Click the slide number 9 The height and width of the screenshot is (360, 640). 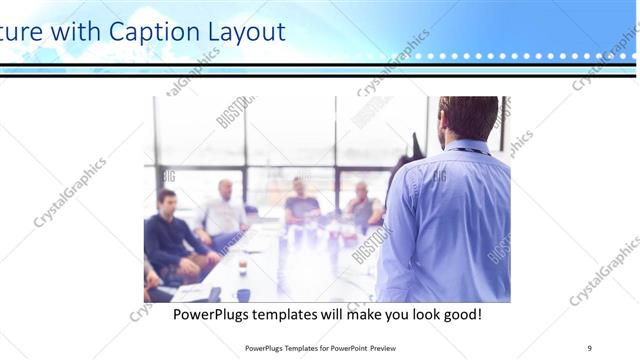pyautogui.click(x=590, y=348)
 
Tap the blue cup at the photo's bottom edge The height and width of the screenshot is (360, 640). pyautogui.click(x=243, y=295)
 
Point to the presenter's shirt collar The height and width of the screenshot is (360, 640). pyautogui.click(x=468, y=148)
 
